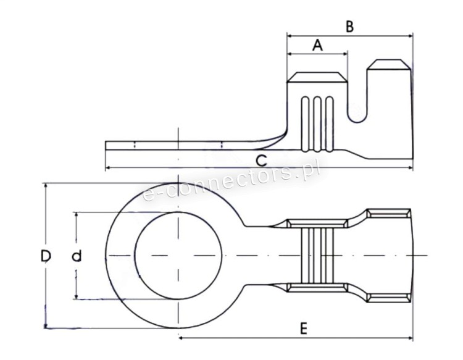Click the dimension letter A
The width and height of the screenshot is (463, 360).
pyautogui.click(x=317, y=45)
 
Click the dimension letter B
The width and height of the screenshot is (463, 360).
pyautogui.click(x=349, y=27)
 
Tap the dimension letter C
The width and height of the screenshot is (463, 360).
pyautogui.click(x=261, y=161)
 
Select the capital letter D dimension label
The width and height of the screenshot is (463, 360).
pyautogui.click(x=46, y=256)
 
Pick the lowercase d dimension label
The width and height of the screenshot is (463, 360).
pyautogui.click(x=77, y=256)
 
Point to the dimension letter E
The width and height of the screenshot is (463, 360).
pyautogui.click(x=304, y=329)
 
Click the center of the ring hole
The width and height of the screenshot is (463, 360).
pyautogui.click(x=178, y=255)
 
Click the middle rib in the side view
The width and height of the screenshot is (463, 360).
pyautogui.click(x=317, y=124)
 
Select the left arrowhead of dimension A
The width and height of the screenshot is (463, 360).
pyautogui.click(x=290, y=54)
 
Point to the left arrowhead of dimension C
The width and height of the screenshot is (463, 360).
pyautogui.click(x=108, y=168)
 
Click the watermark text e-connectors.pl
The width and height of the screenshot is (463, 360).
pyautogui.click(x=231, y=183)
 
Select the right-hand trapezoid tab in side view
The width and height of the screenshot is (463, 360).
pyautogui.click(x=388, y=65)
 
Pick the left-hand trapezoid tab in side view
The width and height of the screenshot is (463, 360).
pyautogui.click(x=317, y=77)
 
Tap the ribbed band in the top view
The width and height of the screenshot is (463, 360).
pyautogui.click(x=317, y=255)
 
